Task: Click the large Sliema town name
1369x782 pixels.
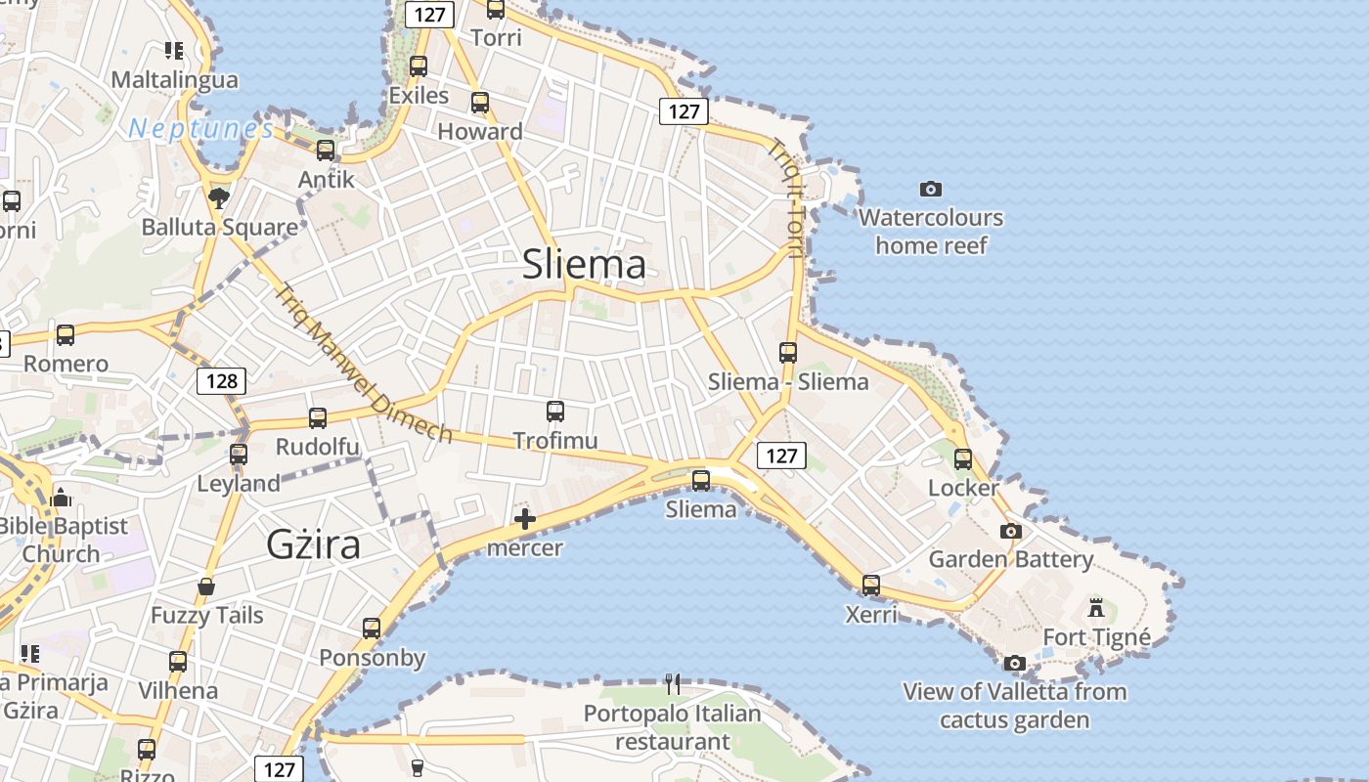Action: pyautogui.click(x=584, y=265)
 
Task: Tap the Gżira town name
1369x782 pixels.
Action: pyautogui.click(x=313, y=544)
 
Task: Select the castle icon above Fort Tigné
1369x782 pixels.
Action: pyautogui.click(x=1096, y=608)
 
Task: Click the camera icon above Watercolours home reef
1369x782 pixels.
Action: pyautogui.click(x=931, y=189)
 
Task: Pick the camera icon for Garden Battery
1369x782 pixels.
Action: pyautogui.click(x=1011, y=531)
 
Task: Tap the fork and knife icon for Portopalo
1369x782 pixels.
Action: pyautogui.click(x=673, y=683)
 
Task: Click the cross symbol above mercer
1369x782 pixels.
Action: pyautogui.click(x=525, y=518)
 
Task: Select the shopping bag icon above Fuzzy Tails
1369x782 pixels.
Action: pyautogui.click(x=206, y=586)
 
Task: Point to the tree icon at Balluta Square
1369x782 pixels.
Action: pyautogui.click(x=219, y=198)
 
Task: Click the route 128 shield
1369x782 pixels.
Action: pyautogui.click(x=222, y=380)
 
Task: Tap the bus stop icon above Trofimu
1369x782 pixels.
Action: pyautogui.click(x=555, y=412)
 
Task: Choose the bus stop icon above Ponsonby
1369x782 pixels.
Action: pyautogui.click(x=372, y=628)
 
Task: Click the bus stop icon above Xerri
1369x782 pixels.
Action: pyautogui.click(x=871, y=586)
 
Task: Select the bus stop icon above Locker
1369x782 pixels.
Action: pyautogui.click(x=963, y=458)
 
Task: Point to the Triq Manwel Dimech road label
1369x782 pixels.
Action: pyautogui.click(x=363, y=363)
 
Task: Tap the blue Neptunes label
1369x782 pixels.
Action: pyautogui.click(x=200, y=128)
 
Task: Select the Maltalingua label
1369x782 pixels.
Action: pyautogui.click(x=174, y=79)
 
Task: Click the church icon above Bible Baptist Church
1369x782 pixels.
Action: pyautogui.click(x=61, y=498)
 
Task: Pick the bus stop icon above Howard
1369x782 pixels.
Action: pyautogui.click(x=480, y=103)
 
